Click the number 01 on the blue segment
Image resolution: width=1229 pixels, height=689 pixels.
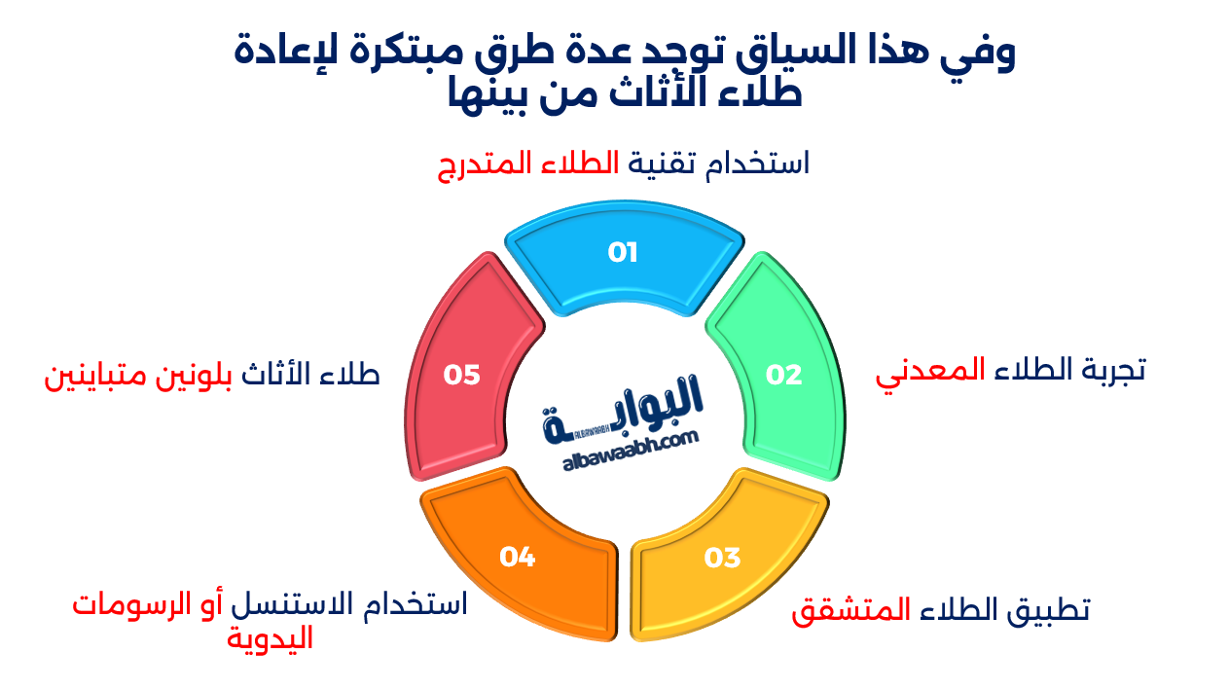point(622,252)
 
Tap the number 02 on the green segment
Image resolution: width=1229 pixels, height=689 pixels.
point(784,376)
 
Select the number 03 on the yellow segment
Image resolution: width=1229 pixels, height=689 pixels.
point(723,558)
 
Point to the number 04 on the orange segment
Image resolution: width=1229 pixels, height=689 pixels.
point(518,558)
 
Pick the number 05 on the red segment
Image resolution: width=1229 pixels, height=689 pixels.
point(461,376)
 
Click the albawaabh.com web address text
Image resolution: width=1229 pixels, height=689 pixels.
point(631,451)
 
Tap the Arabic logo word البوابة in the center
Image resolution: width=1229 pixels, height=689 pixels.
point(623,409)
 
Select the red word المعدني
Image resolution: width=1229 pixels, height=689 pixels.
point(930,374)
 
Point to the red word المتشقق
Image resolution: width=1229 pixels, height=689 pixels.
point(851,610)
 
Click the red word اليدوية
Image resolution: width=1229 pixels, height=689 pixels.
point(270,639)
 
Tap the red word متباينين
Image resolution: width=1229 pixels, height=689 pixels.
point(95,376)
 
